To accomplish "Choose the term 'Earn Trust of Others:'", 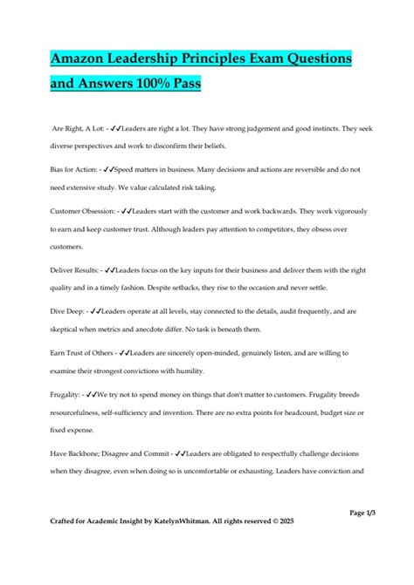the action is click(84, 355).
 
